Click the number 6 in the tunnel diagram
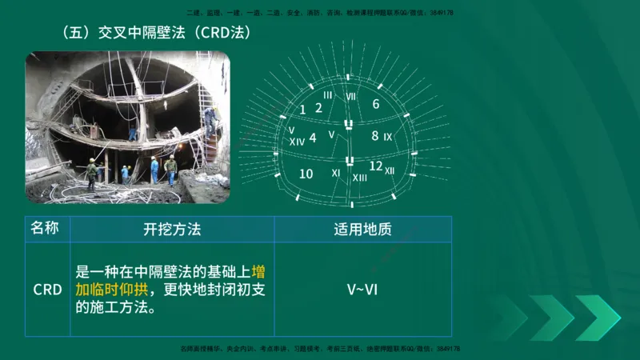coord(376,104)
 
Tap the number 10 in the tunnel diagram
coord(306,174)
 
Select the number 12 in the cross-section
coord(376,166)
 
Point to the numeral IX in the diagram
coord(388,138)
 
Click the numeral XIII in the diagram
coord(360,178)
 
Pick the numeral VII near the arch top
coord(350,96)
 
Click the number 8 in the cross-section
coord(374,136)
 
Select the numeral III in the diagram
coord(327,95)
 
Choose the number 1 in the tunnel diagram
coord(302,110)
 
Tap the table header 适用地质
coord(362,230)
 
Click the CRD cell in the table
coord(47,289)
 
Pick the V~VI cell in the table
coord(362,289)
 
